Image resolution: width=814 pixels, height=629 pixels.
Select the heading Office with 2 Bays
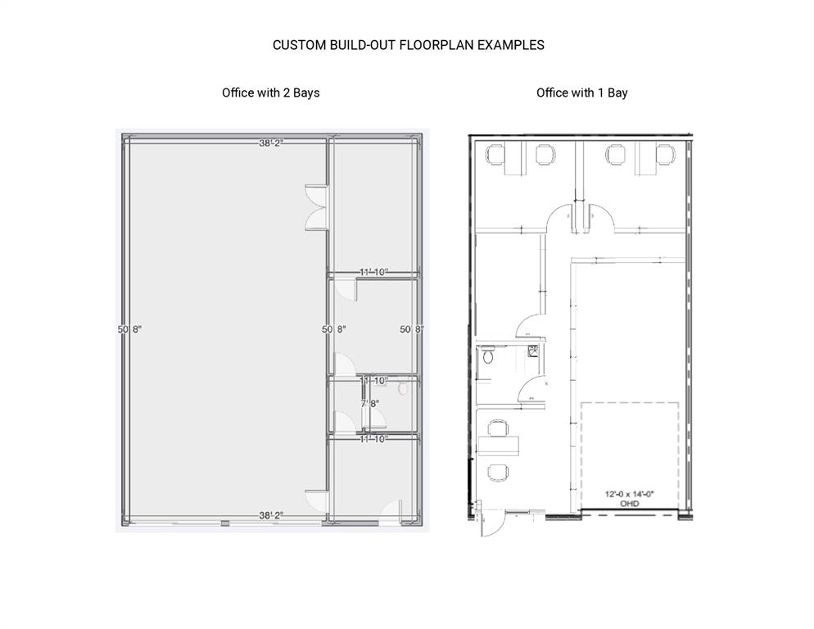click(x=270, y=93)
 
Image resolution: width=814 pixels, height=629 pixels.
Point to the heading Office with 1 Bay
click(x=581, y=93)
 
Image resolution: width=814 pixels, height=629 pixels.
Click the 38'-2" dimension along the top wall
click(x=271, y=143)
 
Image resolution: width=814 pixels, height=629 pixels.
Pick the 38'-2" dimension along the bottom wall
click(x=271, y=515)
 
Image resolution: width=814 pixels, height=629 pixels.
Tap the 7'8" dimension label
click(x=371, y=403)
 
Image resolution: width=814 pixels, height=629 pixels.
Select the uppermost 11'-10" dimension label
click(x=373, y=272)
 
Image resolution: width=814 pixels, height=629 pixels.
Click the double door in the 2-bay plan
click(x=316, y=208)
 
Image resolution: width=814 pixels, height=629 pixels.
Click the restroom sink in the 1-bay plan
click(x=534, y=351)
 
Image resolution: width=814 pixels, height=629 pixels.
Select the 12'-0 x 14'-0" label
click(x=629, y=495)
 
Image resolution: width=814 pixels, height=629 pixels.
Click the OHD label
click(x=629, y=505)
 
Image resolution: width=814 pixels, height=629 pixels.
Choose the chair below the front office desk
click(x=496, y=472)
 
